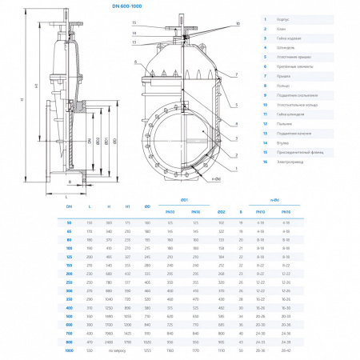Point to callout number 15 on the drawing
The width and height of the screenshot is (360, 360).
(134, 23)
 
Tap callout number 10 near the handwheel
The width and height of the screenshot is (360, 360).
(238, 24)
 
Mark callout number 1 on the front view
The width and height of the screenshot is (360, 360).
(238, 168)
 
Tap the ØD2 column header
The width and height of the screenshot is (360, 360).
(221, 211)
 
